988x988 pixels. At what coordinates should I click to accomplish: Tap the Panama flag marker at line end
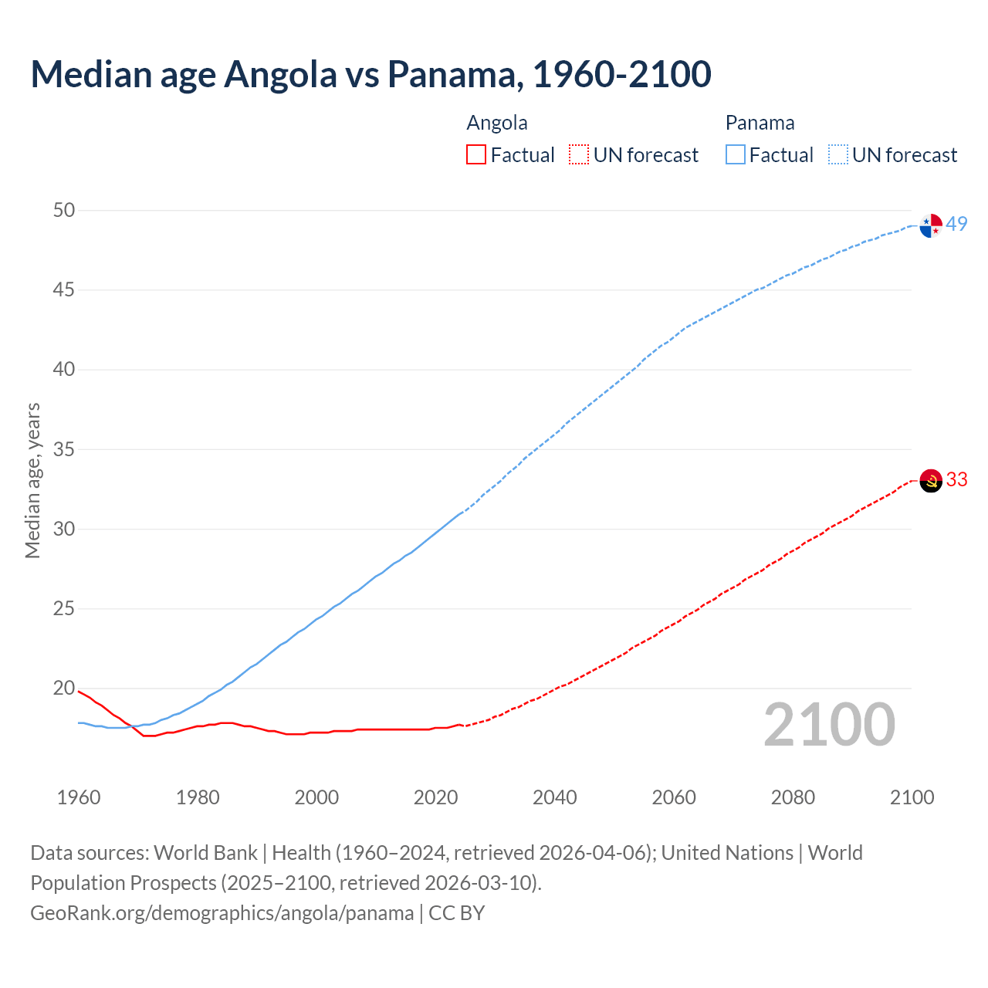coord(931,225)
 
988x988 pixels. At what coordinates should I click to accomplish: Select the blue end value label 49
coord(956,224)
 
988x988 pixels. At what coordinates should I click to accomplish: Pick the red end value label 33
coord(956,479)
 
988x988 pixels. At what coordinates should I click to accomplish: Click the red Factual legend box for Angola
coord(476,154)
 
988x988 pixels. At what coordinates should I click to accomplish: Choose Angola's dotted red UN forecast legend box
coord(579,154)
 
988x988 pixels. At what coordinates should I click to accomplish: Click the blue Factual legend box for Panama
coord(735,154)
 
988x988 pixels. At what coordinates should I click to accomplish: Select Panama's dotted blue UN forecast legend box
coord(837,154)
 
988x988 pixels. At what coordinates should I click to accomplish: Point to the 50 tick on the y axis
coord(64,210)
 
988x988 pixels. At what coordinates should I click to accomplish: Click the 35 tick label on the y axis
coord(64,449)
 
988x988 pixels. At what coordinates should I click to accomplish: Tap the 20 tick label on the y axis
coord(64,688)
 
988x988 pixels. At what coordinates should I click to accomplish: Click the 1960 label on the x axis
coord(79,797)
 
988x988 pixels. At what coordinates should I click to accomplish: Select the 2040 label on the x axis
coord(554,797)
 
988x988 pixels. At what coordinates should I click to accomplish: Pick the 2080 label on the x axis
coord(793,797)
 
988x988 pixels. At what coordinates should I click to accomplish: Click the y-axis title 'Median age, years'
coord(32,480)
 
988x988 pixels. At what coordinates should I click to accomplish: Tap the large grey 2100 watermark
coord(829,725)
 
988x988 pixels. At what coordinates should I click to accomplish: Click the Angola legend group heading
coord(497,123)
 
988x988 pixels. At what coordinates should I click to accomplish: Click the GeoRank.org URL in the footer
coord(222,913)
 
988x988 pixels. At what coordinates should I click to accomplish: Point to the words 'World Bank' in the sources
coord(205,853)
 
